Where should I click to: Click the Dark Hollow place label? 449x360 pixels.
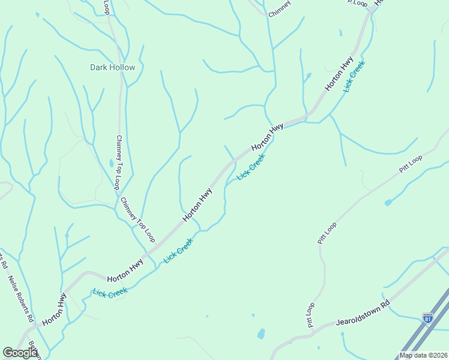coord(112,67)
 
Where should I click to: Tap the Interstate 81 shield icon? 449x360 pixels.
coord(427,318)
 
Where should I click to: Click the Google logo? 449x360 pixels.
coord(20,353)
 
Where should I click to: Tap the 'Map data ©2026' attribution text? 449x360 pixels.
coord(423,355)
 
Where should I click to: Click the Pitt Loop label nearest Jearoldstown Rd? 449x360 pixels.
coord(311,315)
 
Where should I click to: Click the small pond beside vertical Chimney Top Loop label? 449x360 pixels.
coord(112,163)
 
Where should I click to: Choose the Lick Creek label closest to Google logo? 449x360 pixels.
coord(110,293)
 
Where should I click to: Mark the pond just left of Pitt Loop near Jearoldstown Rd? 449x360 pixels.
coord(261,334)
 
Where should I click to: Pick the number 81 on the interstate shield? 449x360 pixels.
coord(427,320)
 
